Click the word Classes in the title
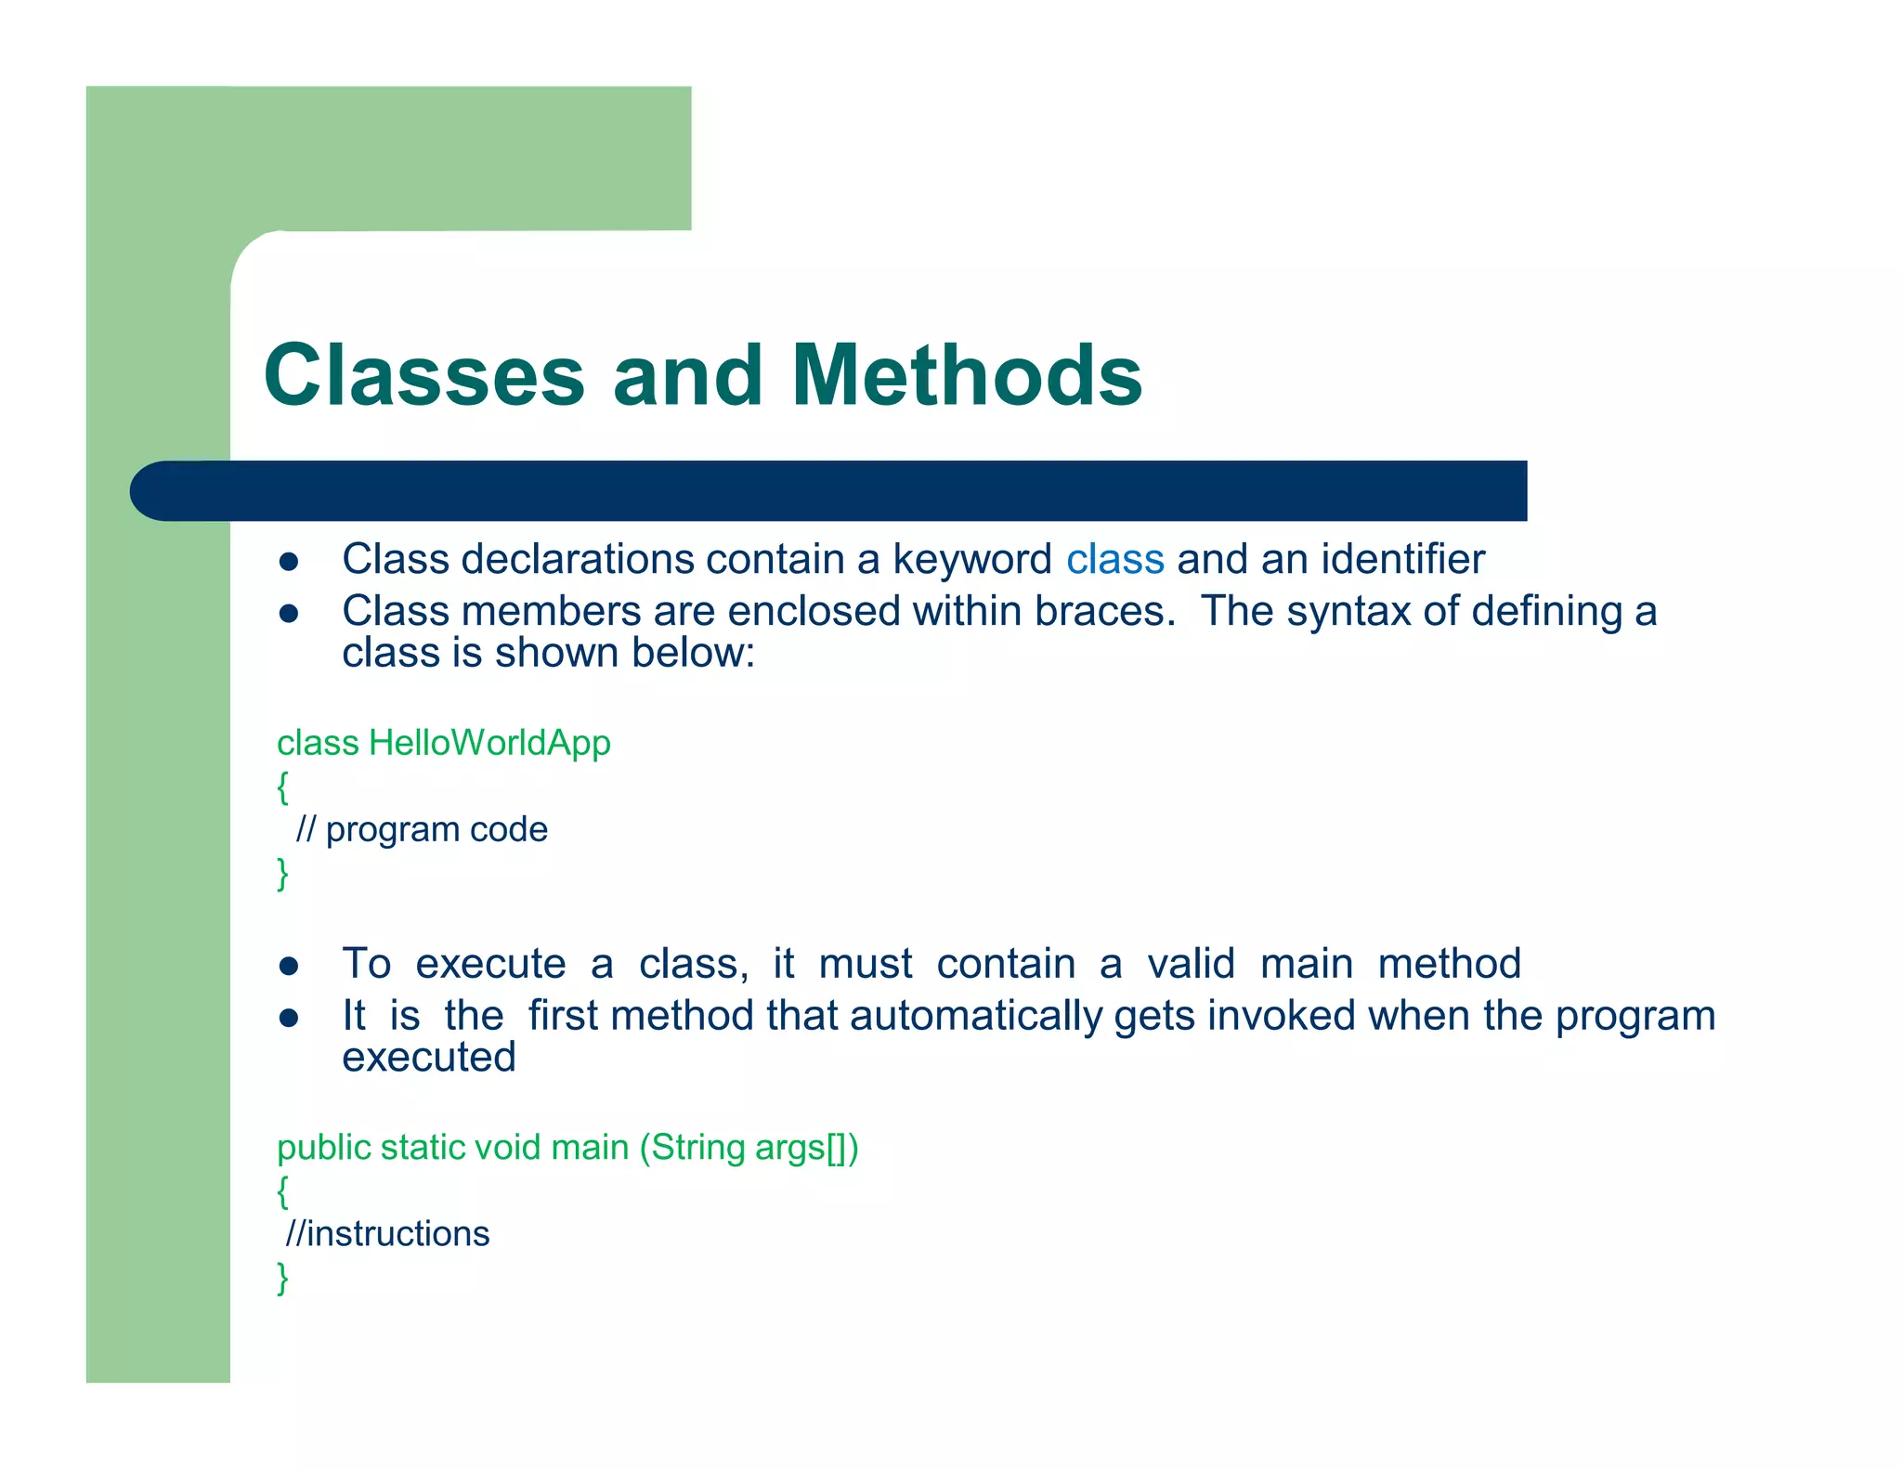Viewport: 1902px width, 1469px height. pyautogui.click(x=423, y=375)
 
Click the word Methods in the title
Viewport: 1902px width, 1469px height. pyautogui.click(x=966, y=375)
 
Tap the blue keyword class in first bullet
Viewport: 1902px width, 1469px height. pyautogui.click(x=1114, y=560)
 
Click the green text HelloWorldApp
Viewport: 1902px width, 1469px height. pyautogui.click(x=489, y=743)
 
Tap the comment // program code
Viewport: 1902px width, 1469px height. pyautogui.click(x=422, y=829)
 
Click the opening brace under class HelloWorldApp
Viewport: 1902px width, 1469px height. pyautogui.click(x=283, y=786)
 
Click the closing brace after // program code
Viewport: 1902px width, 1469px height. pyautogui.click(x=283, y=873)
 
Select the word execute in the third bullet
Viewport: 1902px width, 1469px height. pyautogui.click(x=490, y=964)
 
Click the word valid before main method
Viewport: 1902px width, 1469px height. pyautogui.click(x=1191, y=964)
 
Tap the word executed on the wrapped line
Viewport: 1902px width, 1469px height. pyautogui.click(x=428, y=1058)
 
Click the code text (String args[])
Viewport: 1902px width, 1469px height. pyautogui.click(x=749, y=1148)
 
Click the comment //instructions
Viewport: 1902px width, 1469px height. pyautogui.click(x=387, y=1234)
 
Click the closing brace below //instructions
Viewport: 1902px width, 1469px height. pyautogui.click(x=283, y=1278)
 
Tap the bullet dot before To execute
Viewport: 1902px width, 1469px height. pyautogui.click(x=289, y=966)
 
